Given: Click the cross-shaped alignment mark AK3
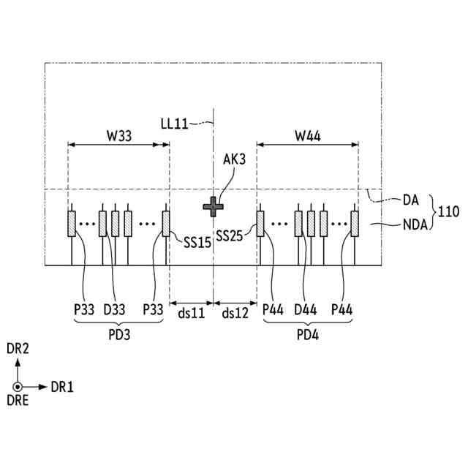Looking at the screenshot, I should pos(214,207).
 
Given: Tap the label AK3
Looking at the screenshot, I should pos(235,159).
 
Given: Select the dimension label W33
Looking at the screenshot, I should pos(119,135).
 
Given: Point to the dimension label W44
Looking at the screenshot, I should pos(307,135).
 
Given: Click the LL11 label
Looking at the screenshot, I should pos(175,124).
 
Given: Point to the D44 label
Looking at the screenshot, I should pos(305,310).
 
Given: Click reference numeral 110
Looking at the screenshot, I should pos(448,212).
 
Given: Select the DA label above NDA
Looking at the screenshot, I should pos(411,199).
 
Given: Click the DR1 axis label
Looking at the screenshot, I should pos(62,387).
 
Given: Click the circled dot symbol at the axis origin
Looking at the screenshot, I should pos(18,387).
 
